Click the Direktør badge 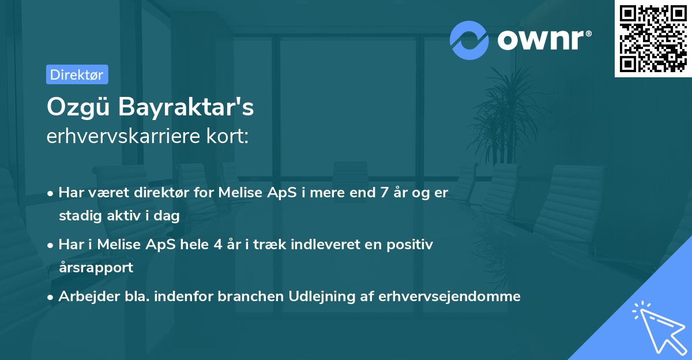click(x=77, y=74)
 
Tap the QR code click(x=653, y=38)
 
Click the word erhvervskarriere click(x=125, y=136)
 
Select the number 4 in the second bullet click(x=217, y=245)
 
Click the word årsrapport click(x=96, y=267)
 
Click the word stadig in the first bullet click(x=78, y=216)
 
